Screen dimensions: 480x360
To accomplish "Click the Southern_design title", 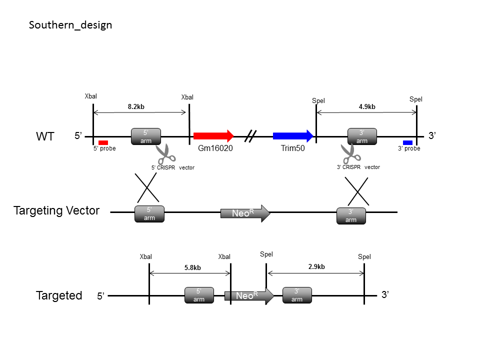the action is click(70, 25).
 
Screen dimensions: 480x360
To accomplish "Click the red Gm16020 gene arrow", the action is click(213, 135).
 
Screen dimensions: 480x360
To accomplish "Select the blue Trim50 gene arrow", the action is click(293, 135).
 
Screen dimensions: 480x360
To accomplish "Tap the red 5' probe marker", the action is click(103, 142).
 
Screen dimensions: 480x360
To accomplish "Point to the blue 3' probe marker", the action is click(408, 142).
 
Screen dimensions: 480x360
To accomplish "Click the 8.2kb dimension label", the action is click(136, 106).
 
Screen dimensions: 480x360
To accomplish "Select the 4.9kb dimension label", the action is click(367, 106).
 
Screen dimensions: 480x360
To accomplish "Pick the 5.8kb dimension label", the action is click(192, 267).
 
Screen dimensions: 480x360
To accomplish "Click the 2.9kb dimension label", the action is click(316, 266).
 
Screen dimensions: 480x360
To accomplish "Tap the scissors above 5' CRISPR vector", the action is click(165, 154).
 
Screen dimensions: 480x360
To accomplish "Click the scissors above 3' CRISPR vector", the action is click(351, 153).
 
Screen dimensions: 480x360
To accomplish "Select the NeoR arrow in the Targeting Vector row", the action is click(245, 213).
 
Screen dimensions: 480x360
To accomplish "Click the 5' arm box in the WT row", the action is click(146, 136).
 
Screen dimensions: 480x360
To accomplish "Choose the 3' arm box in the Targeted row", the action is click(297, 295).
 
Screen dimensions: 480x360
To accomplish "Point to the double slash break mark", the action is click(250, 136).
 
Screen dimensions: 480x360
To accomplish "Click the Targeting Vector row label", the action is click(56, 210).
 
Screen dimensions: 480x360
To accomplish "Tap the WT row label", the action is click(45, 136).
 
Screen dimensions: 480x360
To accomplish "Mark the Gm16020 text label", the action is click(215, 148).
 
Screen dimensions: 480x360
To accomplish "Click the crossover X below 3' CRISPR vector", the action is click(357, 191).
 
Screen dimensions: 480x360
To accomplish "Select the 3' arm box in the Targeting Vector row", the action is click(351, 216).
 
